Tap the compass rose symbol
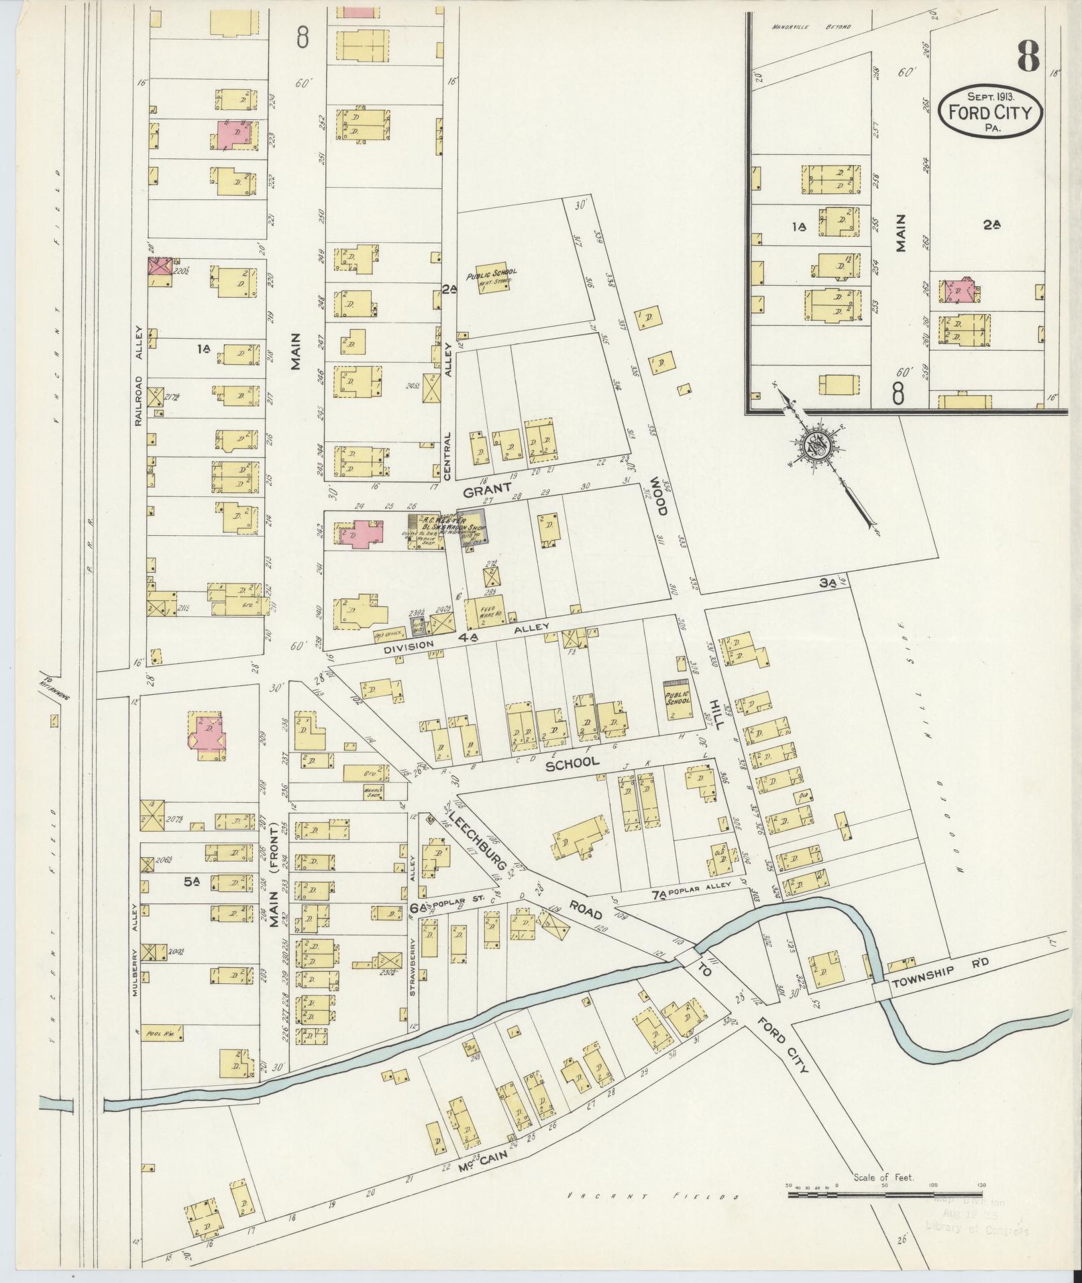(818, 445)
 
